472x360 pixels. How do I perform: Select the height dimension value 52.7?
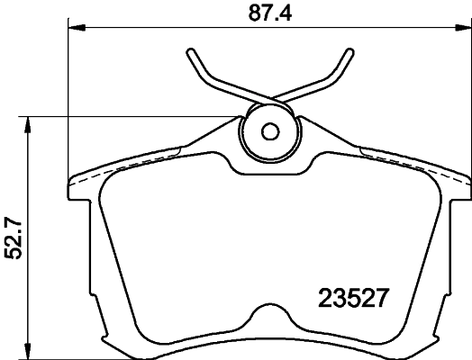pyautogui.click(x=14, y=236)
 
